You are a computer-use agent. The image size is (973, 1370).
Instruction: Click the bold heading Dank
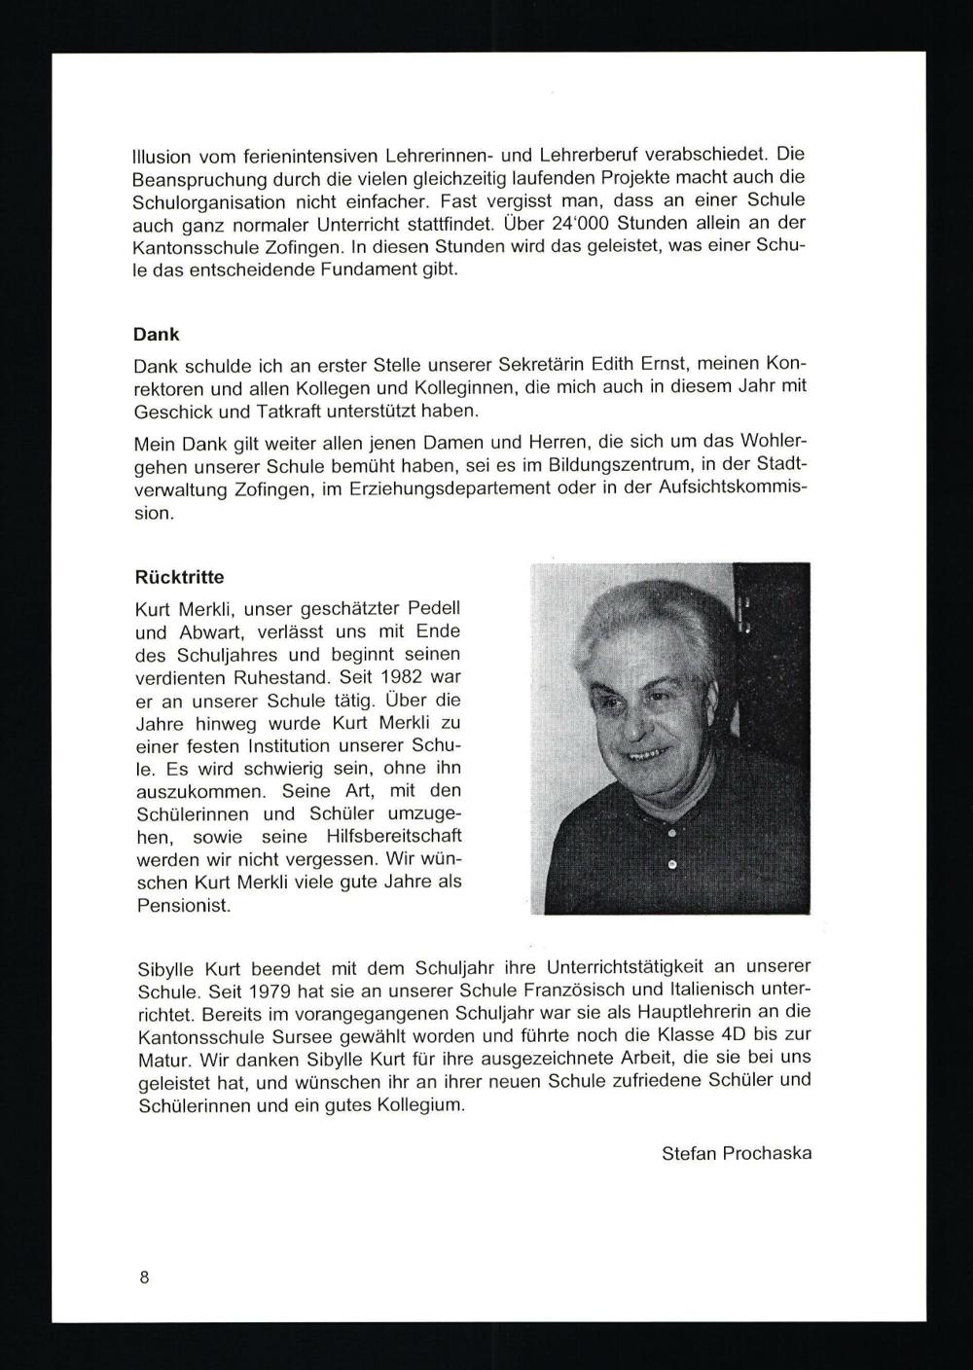point(156,334)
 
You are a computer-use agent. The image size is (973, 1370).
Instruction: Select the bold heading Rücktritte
point(179,577)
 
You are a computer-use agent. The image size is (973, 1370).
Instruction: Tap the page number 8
point(144,1278)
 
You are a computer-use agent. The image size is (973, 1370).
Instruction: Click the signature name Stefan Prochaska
point(736,1154)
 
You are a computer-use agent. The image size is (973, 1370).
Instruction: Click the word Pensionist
point(183,905)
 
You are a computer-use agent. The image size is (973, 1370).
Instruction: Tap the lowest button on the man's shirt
point(671,864)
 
